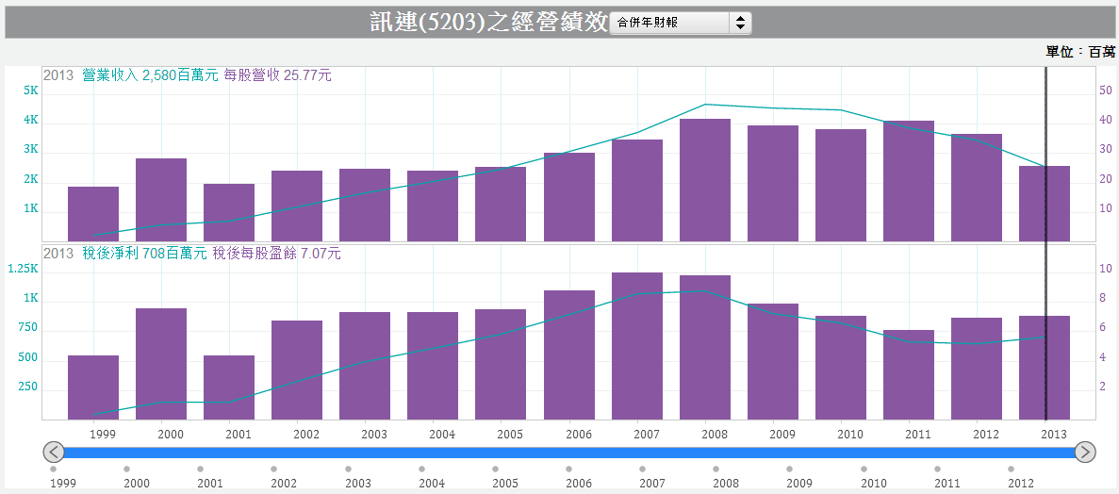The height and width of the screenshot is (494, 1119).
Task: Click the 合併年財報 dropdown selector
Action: point(680,23)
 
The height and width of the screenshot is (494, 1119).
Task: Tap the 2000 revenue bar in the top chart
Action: point(161,199)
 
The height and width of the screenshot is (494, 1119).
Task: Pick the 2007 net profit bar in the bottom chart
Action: point(637,345)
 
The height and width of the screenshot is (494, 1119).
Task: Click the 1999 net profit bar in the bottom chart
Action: point(93,387)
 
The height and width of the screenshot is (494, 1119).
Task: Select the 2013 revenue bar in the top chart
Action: point(1045,203)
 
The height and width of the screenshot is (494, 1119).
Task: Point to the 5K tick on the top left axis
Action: point(30,91)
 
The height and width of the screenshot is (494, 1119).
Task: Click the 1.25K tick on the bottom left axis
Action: point(24,269)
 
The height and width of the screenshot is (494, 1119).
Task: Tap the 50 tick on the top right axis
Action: point(1106,91)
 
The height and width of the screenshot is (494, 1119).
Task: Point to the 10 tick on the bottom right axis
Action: point(1106,269)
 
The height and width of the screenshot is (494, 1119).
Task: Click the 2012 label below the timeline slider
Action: point(1020,483)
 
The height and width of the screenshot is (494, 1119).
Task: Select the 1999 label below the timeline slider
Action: point(63,483)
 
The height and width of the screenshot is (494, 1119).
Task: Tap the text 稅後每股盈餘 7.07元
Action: point(277,253)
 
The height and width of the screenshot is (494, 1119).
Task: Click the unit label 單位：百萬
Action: point(1080,52)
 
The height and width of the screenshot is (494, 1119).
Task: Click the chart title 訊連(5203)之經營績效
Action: point(488,23)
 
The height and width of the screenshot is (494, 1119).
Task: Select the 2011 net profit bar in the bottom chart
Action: point(909,374)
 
